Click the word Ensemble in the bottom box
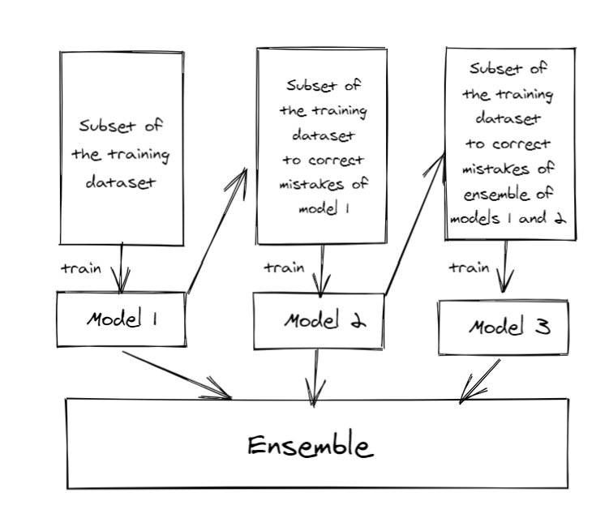click(311, 446)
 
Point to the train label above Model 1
click(81, 268)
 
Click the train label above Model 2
click(285, 268)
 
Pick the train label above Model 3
click(470, 267)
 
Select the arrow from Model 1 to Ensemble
click(177, 375)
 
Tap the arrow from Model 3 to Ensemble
click(480, 381)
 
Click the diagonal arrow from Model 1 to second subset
click(217, 230)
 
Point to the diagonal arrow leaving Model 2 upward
click(415, 223)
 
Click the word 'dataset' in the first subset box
click(120, 182)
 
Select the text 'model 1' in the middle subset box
click(324, 209)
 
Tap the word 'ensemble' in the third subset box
click(496, 194)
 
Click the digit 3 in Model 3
click(543, 327)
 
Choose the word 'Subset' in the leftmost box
click(108, 126)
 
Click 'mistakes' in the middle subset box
click(311, 184)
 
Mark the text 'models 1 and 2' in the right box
click(508, 219)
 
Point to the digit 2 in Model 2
click(358, 320)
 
